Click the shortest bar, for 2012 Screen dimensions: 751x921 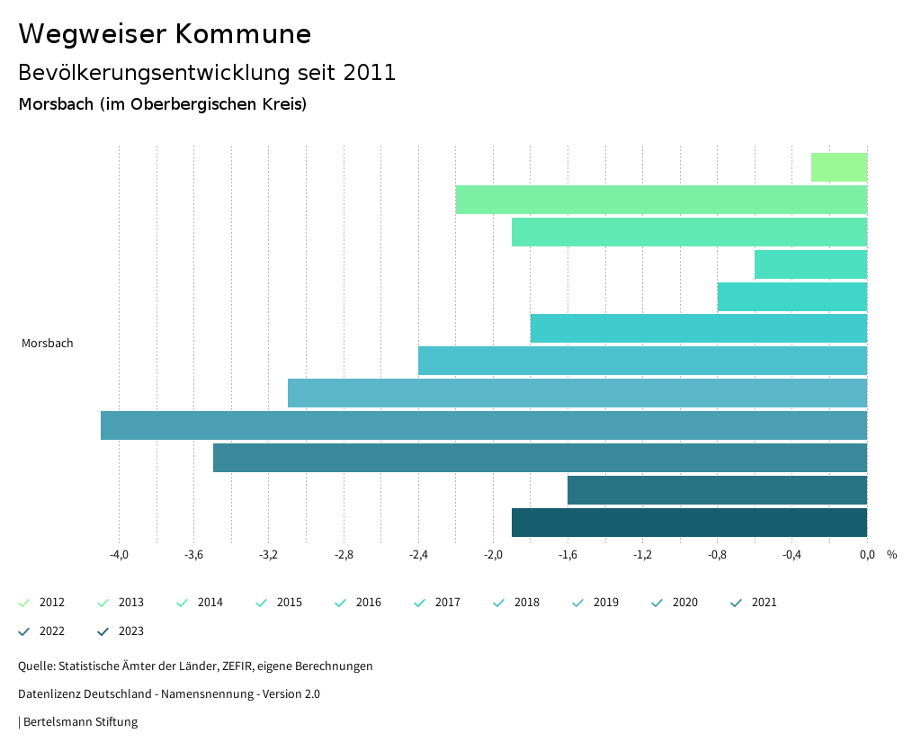point(839,167)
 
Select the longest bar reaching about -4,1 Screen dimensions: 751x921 point(484,425)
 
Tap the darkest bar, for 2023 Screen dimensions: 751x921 point(689,523)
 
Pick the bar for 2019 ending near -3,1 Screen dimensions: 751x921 point(577,393)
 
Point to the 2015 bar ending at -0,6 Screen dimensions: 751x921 point(810,264)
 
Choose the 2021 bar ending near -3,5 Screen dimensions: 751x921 point(540,458)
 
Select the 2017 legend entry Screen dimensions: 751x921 point(437,603)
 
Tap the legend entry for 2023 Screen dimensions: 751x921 point(121,631)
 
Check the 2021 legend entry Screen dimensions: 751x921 point(754,603)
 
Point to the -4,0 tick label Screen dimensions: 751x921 point(119,555)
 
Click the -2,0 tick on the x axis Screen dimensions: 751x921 point(493,555)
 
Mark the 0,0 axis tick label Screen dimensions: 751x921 point(866,555)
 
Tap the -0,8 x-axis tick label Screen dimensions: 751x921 point(717,555)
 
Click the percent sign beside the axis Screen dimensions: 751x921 point(891,555)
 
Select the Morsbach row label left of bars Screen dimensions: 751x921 point(48,344)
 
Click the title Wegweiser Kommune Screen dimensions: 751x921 point(165,34)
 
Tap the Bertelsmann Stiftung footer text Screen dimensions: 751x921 point(80,722)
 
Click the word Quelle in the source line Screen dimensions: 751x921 point(35,666)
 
